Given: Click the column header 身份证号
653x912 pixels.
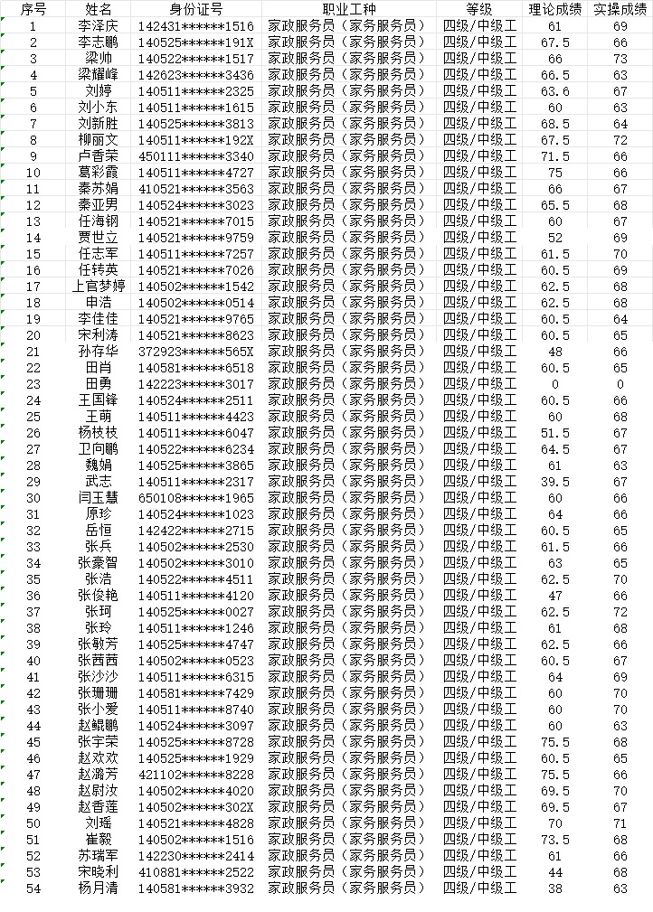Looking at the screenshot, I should point(196,9).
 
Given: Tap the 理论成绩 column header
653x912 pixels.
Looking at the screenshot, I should point(555,9).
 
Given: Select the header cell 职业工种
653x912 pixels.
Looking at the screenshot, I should point(348,9).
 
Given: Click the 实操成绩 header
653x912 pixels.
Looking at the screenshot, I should point(620,9).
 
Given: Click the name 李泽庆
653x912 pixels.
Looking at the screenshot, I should point(99,26).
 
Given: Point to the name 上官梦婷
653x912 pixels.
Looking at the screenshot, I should point(99,287).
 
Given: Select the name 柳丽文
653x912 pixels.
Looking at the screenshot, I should point(99,140).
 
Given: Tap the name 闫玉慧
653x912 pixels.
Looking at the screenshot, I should point(99,498).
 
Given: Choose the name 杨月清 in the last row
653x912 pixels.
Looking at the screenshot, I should point(99,888).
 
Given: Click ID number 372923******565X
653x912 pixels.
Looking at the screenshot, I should point(196,352).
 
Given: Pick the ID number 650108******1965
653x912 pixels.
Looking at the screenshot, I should point(196,498).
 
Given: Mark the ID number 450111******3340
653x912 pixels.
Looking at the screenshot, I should point(196,156).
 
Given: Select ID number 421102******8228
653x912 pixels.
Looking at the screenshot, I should point(196,775).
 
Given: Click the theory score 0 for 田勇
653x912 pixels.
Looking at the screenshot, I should point(555,384).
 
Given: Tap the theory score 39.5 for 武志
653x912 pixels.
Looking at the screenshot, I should point(555,482).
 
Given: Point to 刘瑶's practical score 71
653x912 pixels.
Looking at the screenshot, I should point(620,823).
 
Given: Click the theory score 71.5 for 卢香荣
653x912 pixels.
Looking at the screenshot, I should point(555,156).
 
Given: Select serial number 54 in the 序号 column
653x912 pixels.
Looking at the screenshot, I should point(33,888).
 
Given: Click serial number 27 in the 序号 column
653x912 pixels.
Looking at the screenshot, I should point(33,449).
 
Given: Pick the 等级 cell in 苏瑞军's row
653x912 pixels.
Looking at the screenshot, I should point(479,856).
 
